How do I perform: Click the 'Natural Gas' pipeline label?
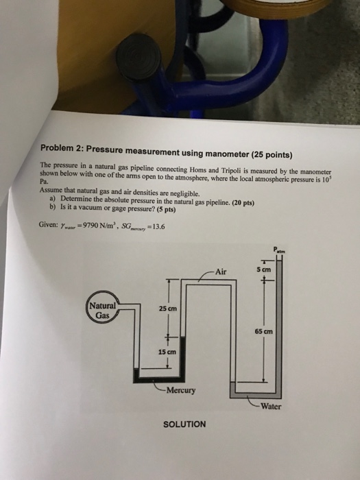click(103, 309)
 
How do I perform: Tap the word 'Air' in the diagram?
click(219, 269)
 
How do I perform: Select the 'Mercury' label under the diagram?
click(180, 392)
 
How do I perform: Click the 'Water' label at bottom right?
click(270, 405)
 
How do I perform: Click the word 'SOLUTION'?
click(184, 424)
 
